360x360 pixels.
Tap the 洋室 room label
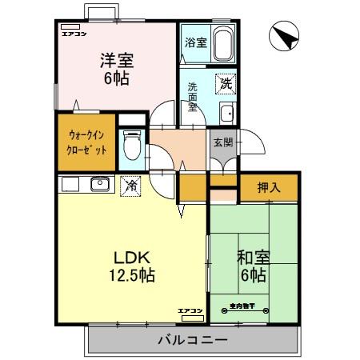pyautogui.click(x=116, y=60)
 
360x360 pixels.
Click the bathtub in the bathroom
pyautogui.click(x=222, y=42)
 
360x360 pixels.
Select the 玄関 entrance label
pyautogui.click(x=223, y=142)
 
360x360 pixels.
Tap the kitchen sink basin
pyautogui.click(x=99, y=184)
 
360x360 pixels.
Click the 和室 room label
pyautogui.click(x=252, y=258)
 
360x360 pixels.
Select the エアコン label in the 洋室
pyautogui.click(x=74, y=34)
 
